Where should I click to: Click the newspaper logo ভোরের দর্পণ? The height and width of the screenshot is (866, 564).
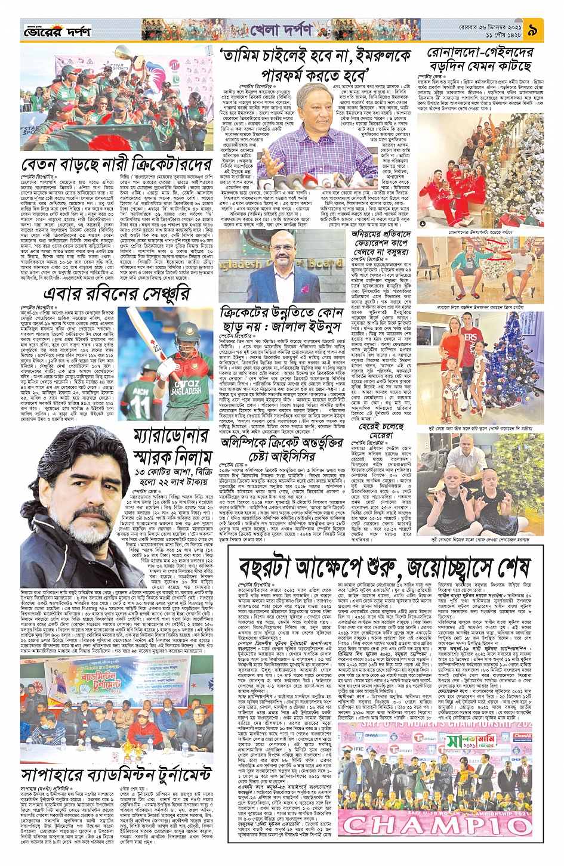[56, 30]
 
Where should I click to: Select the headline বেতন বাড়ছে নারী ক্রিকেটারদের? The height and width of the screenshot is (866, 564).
[116, 164]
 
